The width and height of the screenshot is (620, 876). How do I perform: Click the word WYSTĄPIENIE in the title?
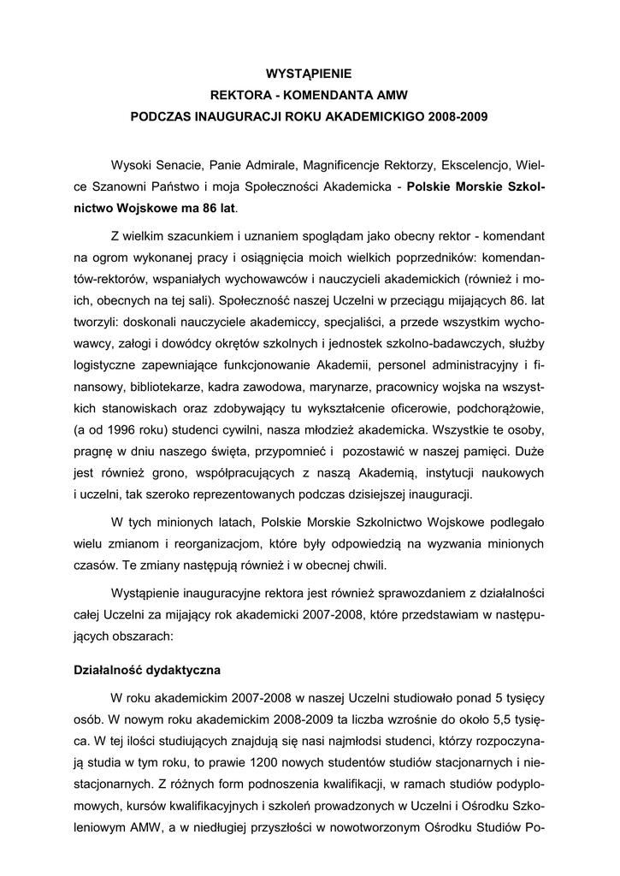point(310,74)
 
